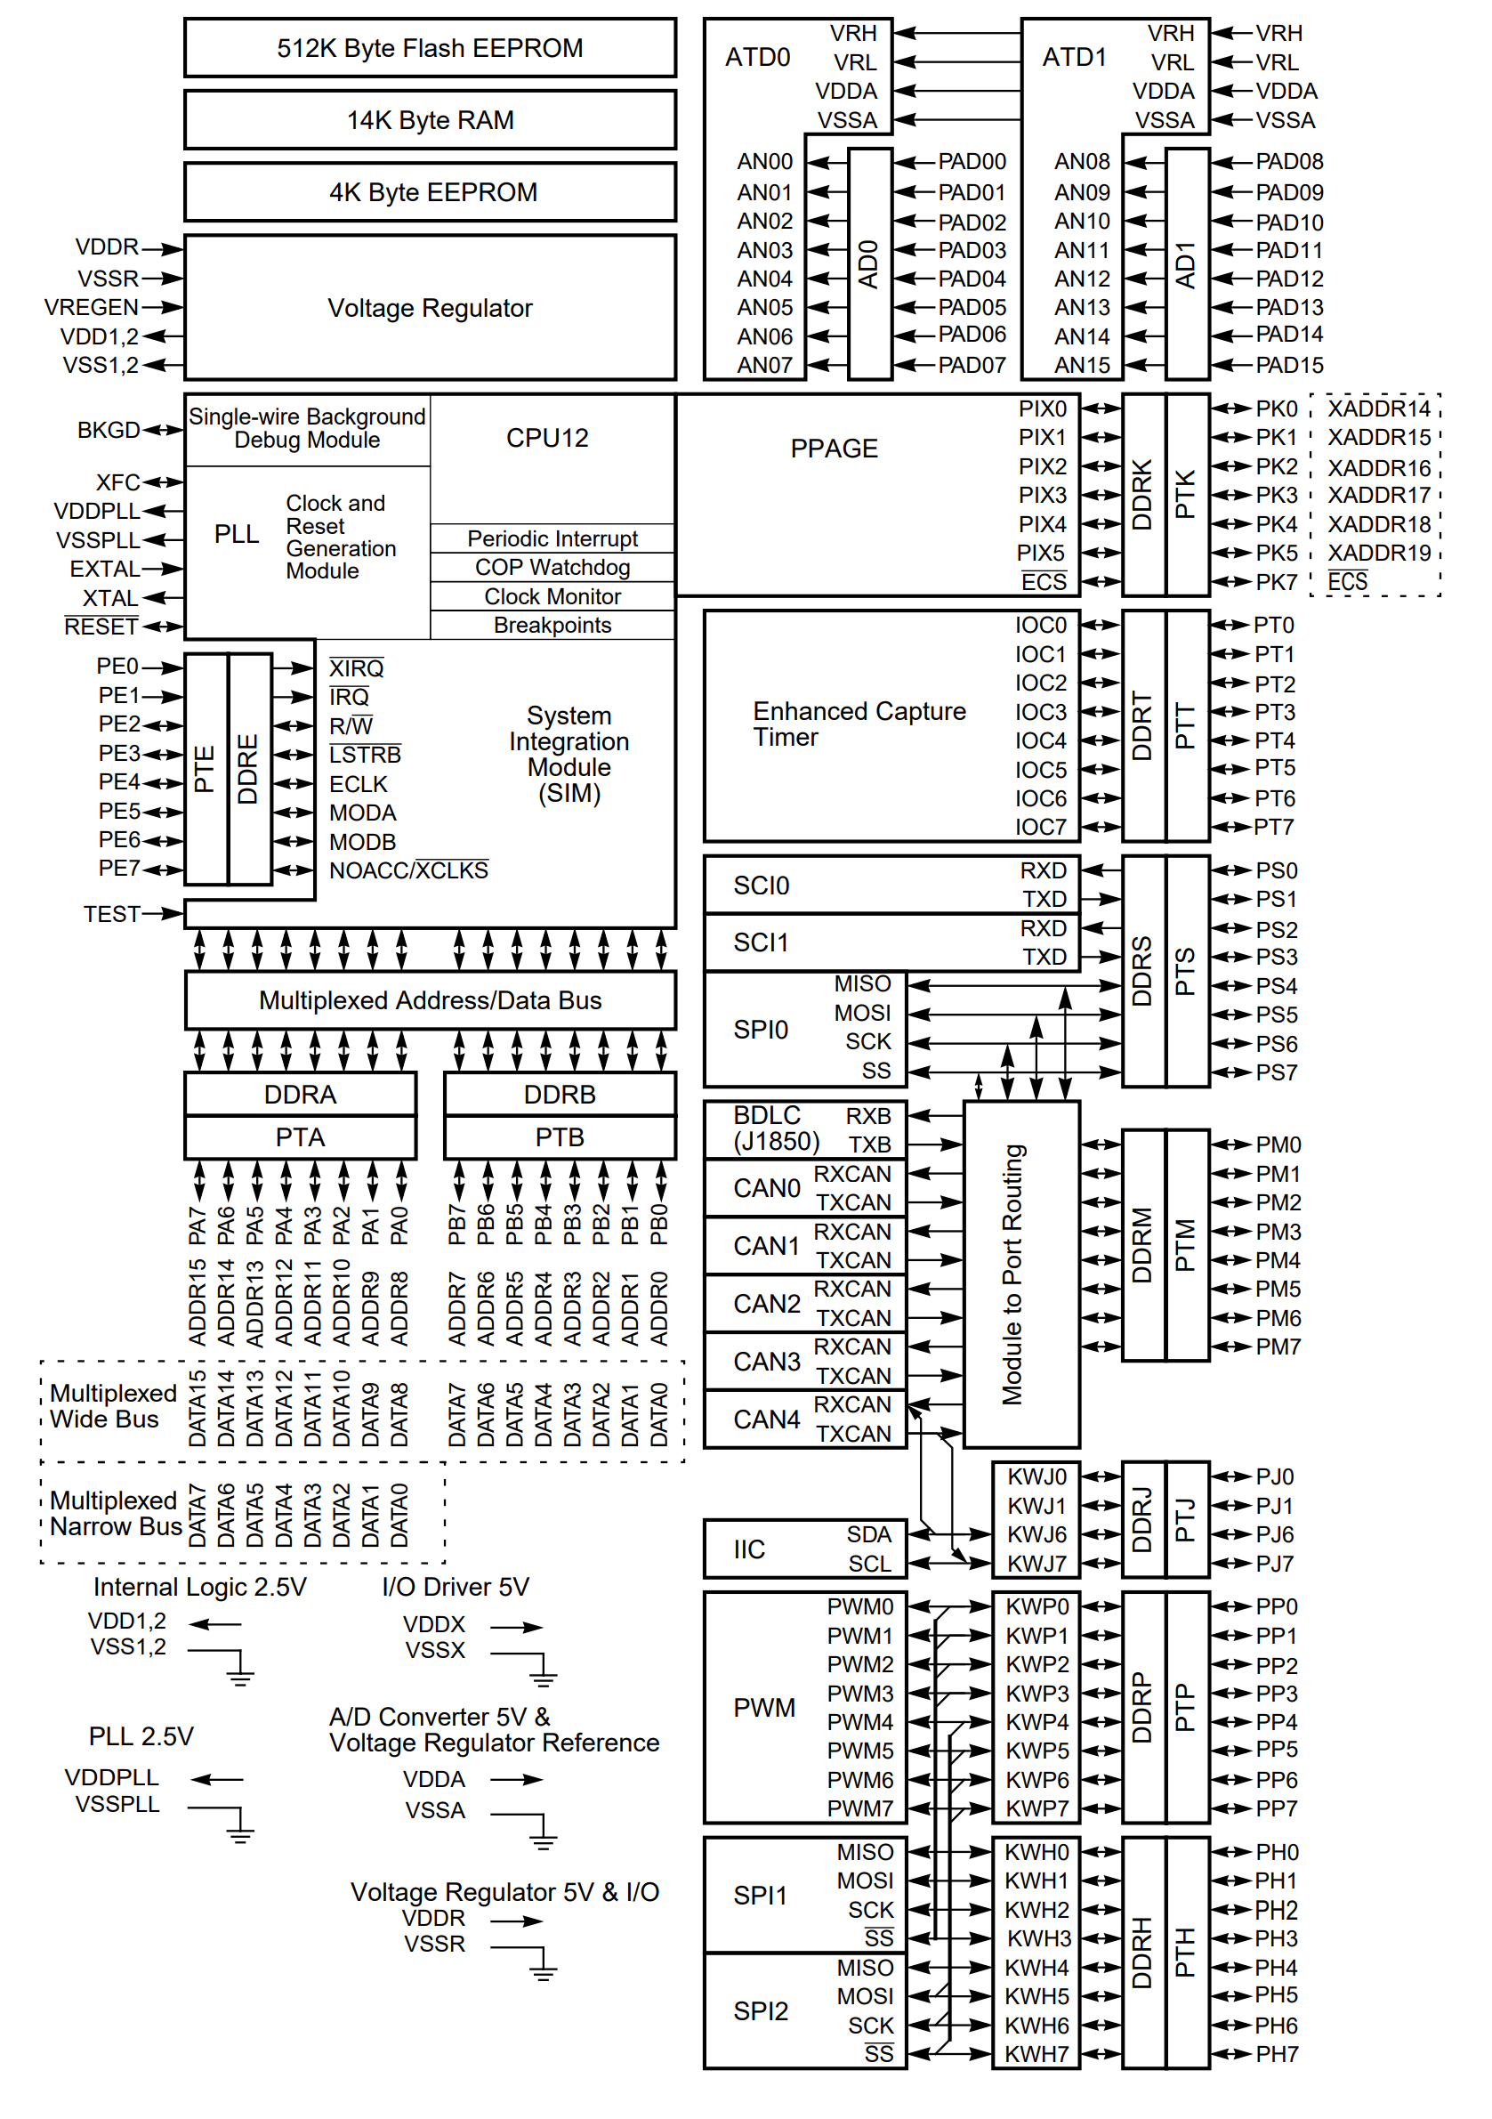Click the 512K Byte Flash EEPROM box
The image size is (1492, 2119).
click(x=430, y=48)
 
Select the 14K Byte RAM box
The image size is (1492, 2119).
click(x=430, y=120)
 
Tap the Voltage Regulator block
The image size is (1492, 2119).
click(x=430, y=307)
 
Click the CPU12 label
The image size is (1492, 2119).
click(x=547, y=438)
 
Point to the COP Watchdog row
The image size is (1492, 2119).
click(x=552, y=567)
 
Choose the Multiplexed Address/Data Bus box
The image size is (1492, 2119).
click(x=430, y=1000)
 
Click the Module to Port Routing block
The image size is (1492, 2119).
click(x=1021, y=1274)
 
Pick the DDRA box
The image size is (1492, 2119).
click(x=301, y=1095)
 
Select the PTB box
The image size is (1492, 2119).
click(x=561, y=1137)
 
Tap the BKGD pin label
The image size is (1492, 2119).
click(x=109, y=430)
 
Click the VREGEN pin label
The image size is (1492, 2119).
click(x=92, y=307)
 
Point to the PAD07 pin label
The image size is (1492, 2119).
click(x=972, y=366)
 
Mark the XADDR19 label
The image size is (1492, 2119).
click(x=1379, y=553)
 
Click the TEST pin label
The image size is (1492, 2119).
click(x=111, y=914)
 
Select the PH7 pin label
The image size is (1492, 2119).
click(x=1277, y=2054)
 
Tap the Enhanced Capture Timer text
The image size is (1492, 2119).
click(x=859, y=724)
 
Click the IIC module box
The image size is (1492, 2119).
click(x=805, y=1549)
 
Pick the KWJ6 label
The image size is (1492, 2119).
click(x=1037, y=1535)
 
